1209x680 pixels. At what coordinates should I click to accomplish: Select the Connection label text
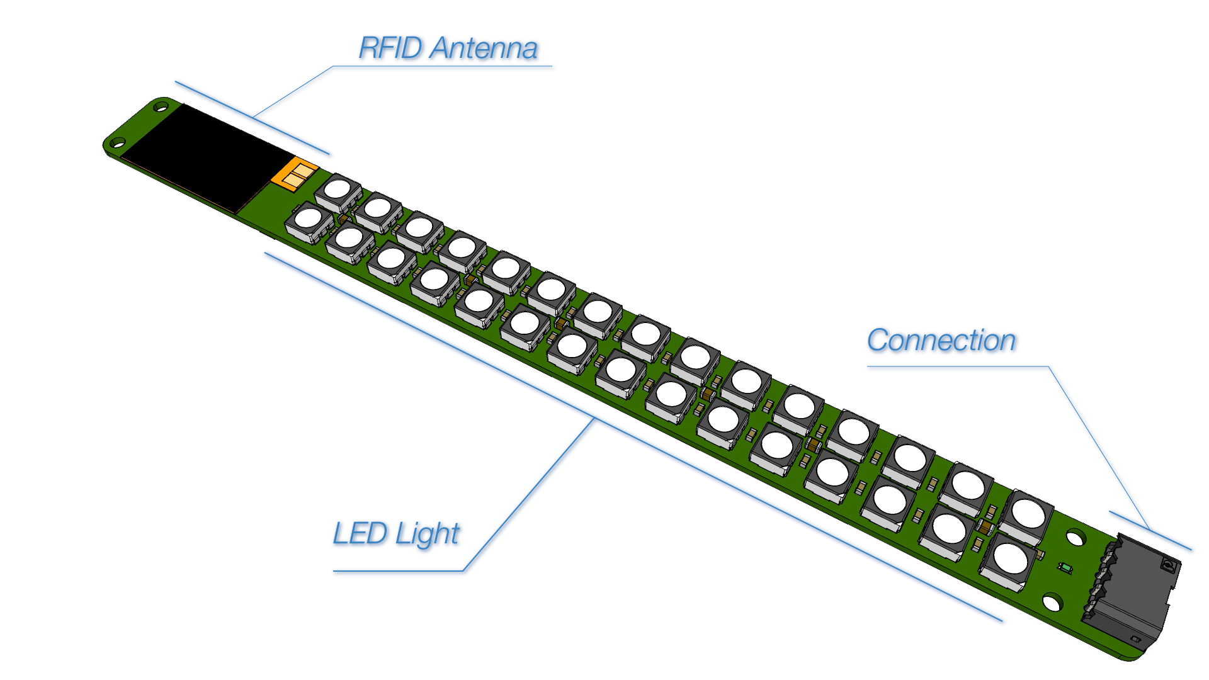point(942,341)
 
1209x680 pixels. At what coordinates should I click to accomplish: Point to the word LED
point(358,534)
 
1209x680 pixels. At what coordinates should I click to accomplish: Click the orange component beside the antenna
point(294,173)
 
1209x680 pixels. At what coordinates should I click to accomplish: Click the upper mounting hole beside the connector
point(1076,538)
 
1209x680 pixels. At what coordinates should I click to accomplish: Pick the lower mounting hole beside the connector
point(1052,603)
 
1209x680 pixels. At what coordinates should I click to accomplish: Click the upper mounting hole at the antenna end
point(162,108)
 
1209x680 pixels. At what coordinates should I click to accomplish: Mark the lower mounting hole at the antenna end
point(118,143)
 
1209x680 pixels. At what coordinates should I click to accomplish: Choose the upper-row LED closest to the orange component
point(338,190)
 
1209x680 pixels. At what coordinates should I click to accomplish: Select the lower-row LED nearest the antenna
point(309,219)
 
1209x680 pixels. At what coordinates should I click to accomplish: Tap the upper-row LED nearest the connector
point(1028,513)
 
